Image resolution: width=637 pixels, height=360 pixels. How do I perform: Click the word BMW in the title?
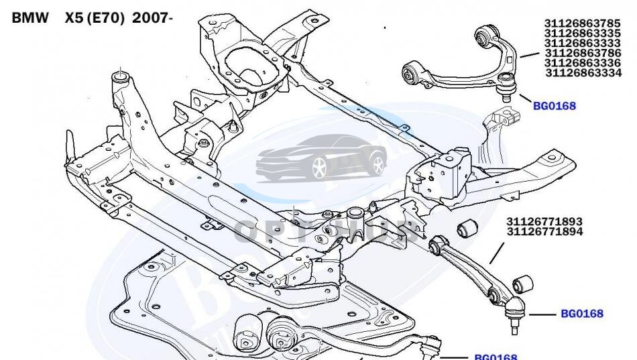(30, 18)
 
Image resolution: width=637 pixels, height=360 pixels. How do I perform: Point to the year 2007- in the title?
(153, 18)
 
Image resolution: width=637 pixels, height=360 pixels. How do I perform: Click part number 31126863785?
(582, 23)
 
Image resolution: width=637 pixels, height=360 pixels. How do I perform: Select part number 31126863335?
(582, 34)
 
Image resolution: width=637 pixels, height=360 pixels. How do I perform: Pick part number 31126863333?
(582, 43)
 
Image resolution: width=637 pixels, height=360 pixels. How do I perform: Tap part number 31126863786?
(583, 53)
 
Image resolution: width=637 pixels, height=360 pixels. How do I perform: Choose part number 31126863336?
(583, 63)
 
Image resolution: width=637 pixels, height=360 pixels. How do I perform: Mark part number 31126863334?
(583, 73)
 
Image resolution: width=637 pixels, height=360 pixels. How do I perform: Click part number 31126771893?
(544, 222)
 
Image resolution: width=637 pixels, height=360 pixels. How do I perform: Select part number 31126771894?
(544, 232)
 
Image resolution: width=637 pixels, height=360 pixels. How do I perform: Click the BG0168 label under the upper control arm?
(554, 105)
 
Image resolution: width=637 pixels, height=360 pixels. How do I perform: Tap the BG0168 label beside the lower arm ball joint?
(581, 313)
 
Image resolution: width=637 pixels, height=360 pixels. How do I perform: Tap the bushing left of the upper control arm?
(412, 71)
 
